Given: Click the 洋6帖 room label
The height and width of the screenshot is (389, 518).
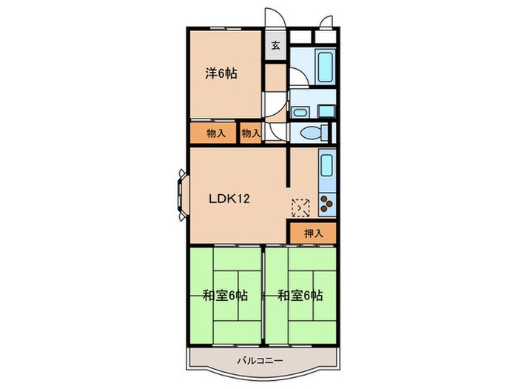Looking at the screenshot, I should [221, 73].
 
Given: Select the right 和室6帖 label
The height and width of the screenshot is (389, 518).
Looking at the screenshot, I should [300, 295].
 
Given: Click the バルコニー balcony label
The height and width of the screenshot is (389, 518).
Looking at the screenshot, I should [263, 361].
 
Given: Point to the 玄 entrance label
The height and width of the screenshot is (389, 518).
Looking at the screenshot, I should [275, 46].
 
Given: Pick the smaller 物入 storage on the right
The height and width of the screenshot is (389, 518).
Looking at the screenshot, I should [251, 133].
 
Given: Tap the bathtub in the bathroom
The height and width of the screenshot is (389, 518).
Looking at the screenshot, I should [326, 68].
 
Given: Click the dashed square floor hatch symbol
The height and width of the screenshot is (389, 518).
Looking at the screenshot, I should [300, 206].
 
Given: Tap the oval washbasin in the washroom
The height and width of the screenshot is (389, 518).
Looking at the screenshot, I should [300, 113].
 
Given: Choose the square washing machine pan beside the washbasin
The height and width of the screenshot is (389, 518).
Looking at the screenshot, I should [325, 112].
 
